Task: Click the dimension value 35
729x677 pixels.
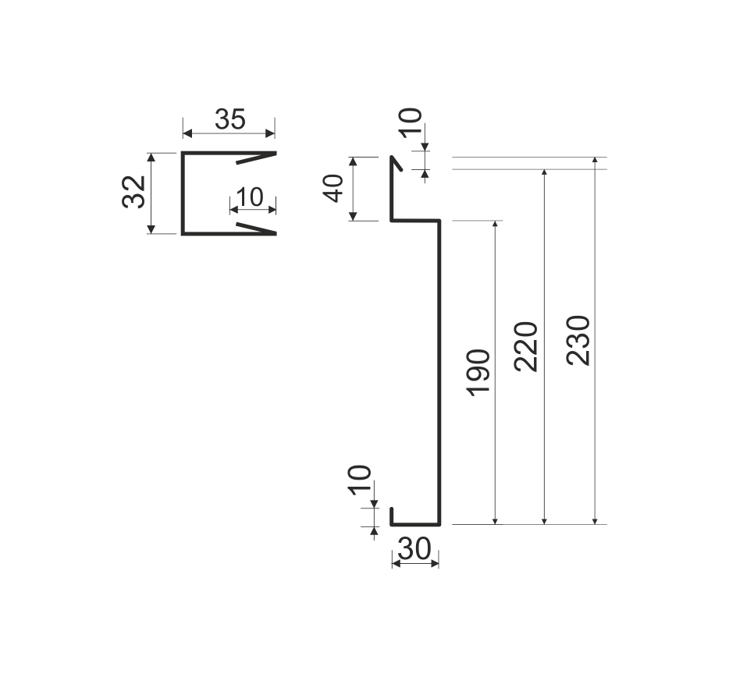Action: click(x=230, y=119)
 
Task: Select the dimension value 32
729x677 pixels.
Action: click(x=134, y=192)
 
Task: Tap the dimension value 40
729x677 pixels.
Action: click(x=334, y=189)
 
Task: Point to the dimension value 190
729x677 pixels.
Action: click(x=479, y=373)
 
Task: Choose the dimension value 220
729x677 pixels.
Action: click(x=526, y=346)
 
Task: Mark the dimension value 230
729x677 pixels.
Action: click(x=578, y=340)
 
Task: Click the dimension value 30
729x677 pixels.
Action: click(x=414, y=549)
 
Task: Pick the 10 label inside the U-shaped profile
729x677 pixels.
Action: click(x=250, y=197)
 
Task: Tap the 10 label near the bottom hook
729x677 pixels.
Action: click(x=360, y=480)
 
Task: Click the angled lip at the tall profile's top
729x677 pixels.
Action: click(x=397, y=163)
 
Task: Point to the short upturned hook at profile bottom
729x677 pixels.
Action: click(x=392, y=516)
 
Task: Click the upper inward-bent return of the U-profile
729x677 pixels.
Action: click(x=256, y=158)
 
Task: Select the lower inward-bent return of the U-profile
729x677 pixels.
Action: click(x=256, y=228)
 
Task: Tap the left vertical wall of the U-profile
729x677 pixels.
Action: click(x=183, y=193)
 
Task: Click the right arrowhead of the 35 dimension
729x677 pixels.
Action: click(x=269, y=134)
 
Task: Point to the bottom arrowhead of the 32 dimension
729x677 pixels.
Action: click(x=151, y=229)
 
